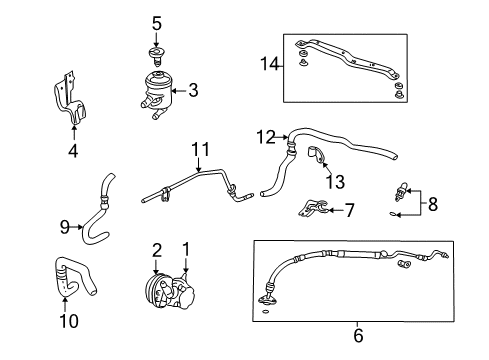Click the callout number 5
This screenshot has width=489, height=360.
pyautogui.click(x=155, y=21)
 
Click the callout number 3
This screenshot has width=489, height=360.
pyautogui.click(x=193, y=90)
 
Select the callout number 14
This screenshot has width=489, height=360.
pyautogui.click(x=266, y=64)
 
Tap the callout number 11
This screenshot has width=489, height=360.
pyautogui.click(x=200, y=150)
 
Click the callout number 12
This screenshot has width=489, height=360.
pyautogui.click(x=265, y=135)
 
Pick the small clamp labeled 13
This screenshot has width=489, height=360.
pyautogui.click(x=317, y=157)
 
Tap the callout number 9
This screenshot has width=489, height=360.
pyautogui.click(x=66, y=226)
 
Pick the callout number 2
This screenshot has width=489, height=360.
pyautogui.click(x=156, y=249)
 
